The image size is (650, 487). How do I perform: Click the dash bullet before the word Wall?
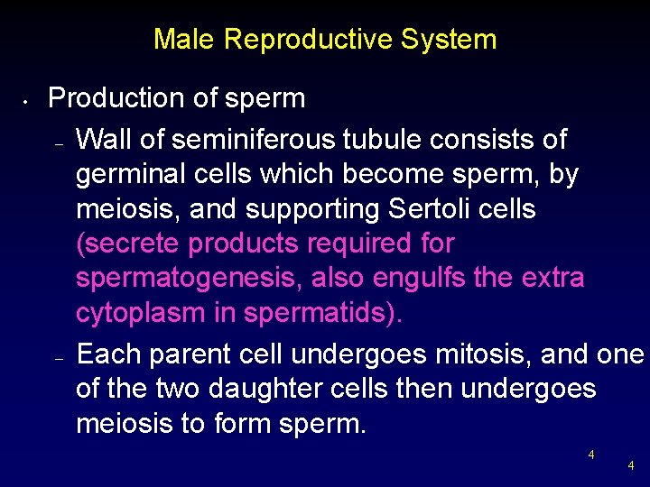[57, 145]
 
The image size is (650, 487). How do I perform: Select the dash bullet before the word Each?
[57, 359]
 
